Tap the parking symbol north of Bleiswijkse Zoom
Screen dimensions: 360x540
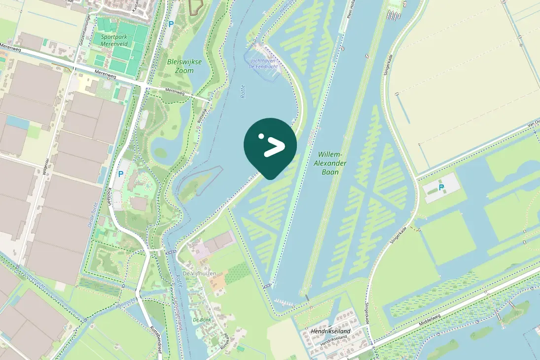click(x=171, y=24)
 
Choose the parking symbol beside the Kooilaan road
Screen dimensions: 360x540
click(x=120, y=174)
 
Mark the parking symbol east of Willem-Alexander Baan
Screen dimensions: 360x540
click(x=441, y=187)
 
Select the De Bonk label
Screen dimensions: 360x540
click(x=202, y=320)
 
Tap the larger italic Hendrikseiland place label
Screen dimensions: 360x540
click(x=330, y=331)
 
